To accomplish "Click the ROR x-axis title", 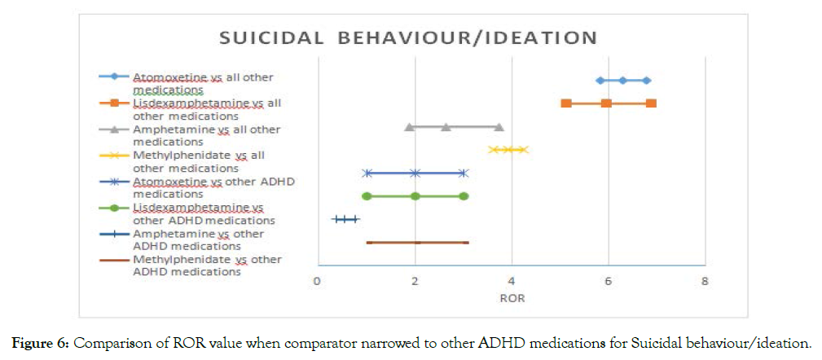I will point(512,298).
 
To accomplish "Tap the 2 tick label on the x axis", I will point(414,281).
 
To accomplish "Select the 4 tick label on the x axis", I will point(511,281).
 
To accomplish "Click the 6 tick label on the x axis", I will point(608,281).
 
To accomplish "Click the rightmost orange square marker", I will point(651,103).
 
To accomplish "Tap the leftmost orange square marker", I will point(566,103).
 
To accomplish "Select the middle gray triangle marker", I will point(446,126).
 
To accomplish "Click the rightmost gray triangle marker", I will point(499,126).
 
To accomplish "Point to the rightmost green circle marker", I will point(464,196).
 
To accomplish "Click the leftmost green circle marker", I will point(367,196).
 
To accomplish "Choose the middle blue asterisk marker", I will point(415,173).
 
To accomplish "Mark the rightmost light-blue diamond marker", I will point(646,80).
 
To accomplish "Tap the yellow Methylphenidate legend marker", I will point(115,155).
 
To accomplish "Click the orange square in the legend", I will point(115,103).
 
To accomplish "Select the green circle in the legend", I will point(115,208).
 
